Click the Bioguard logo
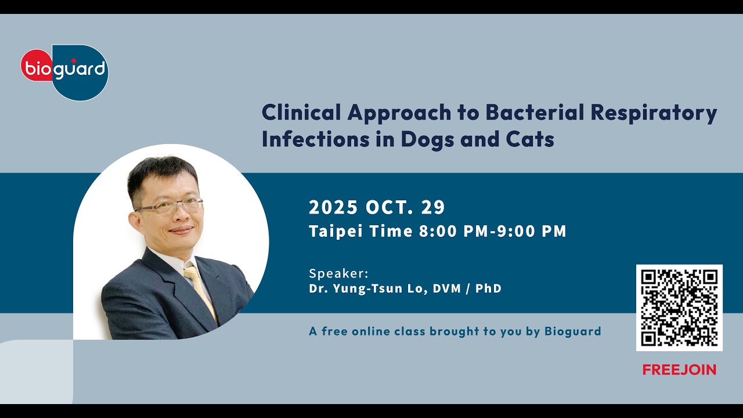click(64, 71)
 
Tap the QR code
click(679, 308)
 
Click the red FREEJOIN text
click(679, 370)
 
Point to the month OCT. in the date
click(391, 207)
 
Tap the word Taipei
click(332, 232)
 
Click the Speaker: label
click(338, 273)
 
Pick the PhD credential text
click(488, 289)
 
